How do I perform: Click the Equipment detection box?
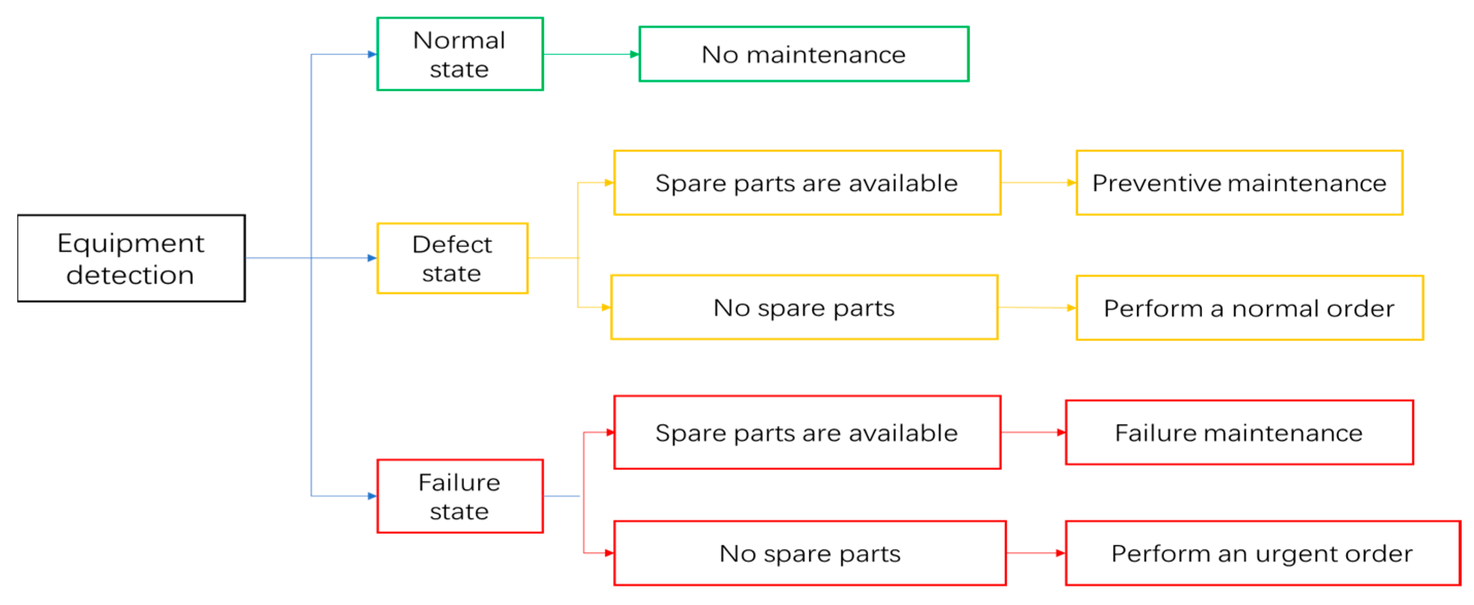click(131, 258)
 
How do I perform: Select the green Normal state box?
click(460, 54)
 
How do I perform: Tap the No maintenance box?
click(803, 54)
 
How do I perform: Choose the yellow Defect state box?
click(452, 258)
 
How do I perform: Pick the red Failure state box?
click(460, 496)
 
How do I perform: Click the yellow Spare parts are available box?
click(807, 183)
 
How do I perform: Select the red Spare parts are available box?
click(807, 432)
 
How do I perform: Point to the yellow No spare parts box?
click(804, 307)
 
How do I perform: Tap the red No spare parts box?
click(810, 553)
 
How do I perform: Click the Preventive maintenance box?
click(1239, 183)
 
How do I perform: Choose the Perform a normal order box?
click(1250, 308)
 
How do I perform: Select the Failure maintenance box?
click(1239, 432)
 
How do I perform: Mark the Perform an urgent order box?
click(1263, 553)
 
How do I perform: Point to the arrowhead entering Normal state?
click(372, 54)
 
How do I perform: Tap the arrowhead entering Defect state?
click(372, 258)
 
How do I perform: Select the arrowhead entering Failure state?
click(372, 496)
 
